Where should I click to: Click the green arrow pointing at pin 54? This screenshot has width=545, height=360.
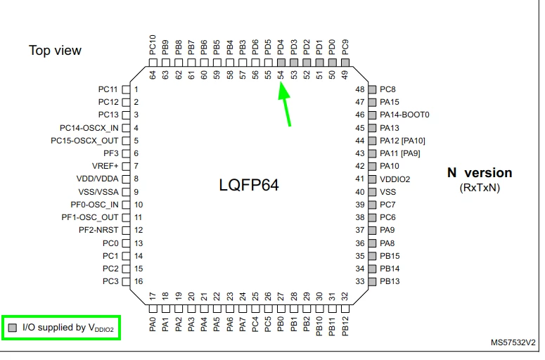285,104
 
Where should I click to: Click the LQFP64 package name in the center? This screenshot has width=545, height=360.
249,185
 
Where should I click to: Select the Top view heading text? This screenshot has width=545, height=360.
55,51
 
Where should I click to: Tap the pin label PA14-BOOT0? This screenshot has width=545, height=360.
404,115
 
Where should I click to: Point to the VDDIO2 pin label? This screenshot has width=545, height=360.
395,179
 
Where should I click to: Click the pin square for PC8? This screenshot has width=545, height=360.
372,90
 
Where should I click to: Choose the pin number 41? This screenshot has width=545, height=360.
360,179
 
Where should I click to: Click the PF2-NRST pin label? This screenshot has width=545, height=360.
98,230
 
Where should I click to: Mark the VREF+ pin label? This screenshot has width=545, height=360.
105,166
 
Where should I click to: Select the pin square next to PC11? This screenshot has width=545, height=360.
126,90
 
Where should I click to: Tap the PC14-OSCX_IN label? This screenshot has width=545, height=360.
89,128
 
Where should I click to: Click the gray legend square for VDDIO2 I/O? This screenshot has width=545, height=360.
13,328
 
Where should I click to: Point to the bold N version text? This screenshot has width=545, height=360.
480,173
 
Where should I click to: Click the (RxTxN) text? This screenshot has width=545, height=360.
480,188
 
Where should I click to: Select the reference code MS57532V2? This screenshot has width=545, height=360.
513,342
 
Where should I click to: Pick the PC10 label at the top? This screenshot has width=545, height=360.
153,45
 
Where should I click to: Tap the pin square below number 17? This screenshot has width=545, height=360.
153,309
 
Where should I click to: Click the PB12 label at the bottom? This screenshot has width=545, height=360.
345,326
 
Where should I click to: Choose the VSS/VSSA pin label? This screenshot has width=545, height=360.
98,192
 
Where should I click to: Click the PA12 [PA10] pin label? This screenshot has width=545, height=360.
402,141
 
